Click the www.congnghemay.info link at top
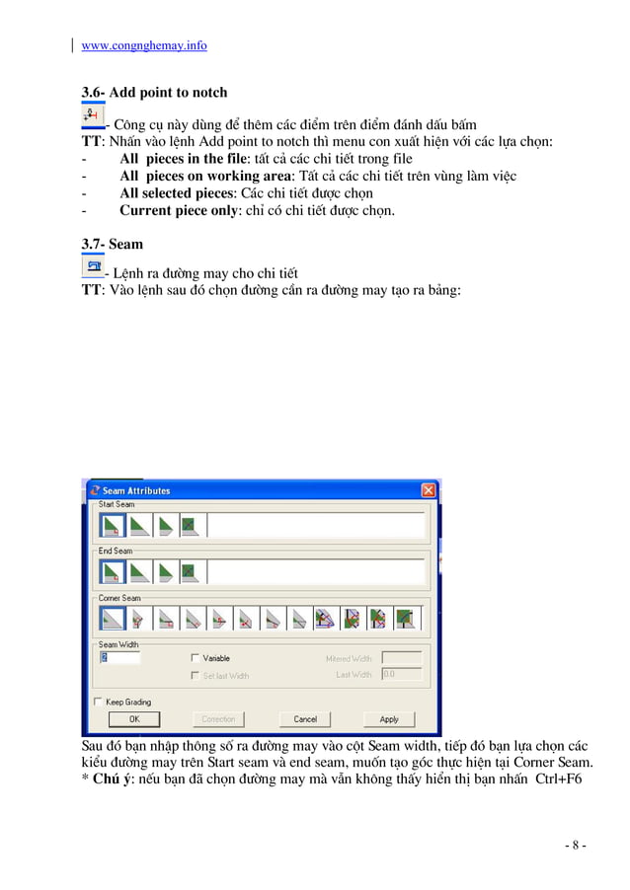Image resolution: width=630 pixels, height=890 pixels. tap(143, 45)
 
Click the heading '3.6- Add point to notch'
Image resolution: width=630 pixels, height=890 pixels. tap(154, 93)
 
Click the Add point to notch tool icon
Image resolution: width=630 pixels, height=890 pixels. tap(91, 117)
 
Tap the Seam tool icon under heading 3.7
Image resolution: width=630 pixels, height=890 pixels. tap(93, 266)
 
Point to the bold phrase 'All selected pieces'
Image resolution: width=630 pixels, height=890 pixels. tap(176, 193)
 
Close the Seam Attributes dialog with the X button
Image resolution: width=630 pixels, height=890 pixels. tap(429, 490)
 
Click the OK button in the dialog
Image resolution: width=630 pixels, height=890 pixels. tap(133, 719)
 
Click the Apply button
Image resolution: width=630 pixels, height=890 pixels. tap(389, 719)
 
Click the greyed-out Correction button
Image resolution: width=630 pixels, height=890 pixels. tap(218, 719)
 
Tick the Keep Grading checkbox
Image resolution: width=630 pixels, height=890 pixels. tap(98, 702)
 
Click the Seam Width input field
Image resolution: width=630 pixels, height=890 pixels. tap(119, 658)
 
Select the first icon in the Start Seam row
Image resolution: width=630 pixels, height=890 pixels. tap(112, 524)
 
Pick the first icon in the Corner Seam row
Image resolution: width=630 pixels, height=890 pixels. tap(112, 619)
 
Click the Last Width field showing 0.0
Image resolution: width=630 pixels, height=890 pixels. tap(401, 674)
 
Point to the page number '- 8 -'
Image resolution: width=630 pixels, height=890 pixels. tap(575, 846)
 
